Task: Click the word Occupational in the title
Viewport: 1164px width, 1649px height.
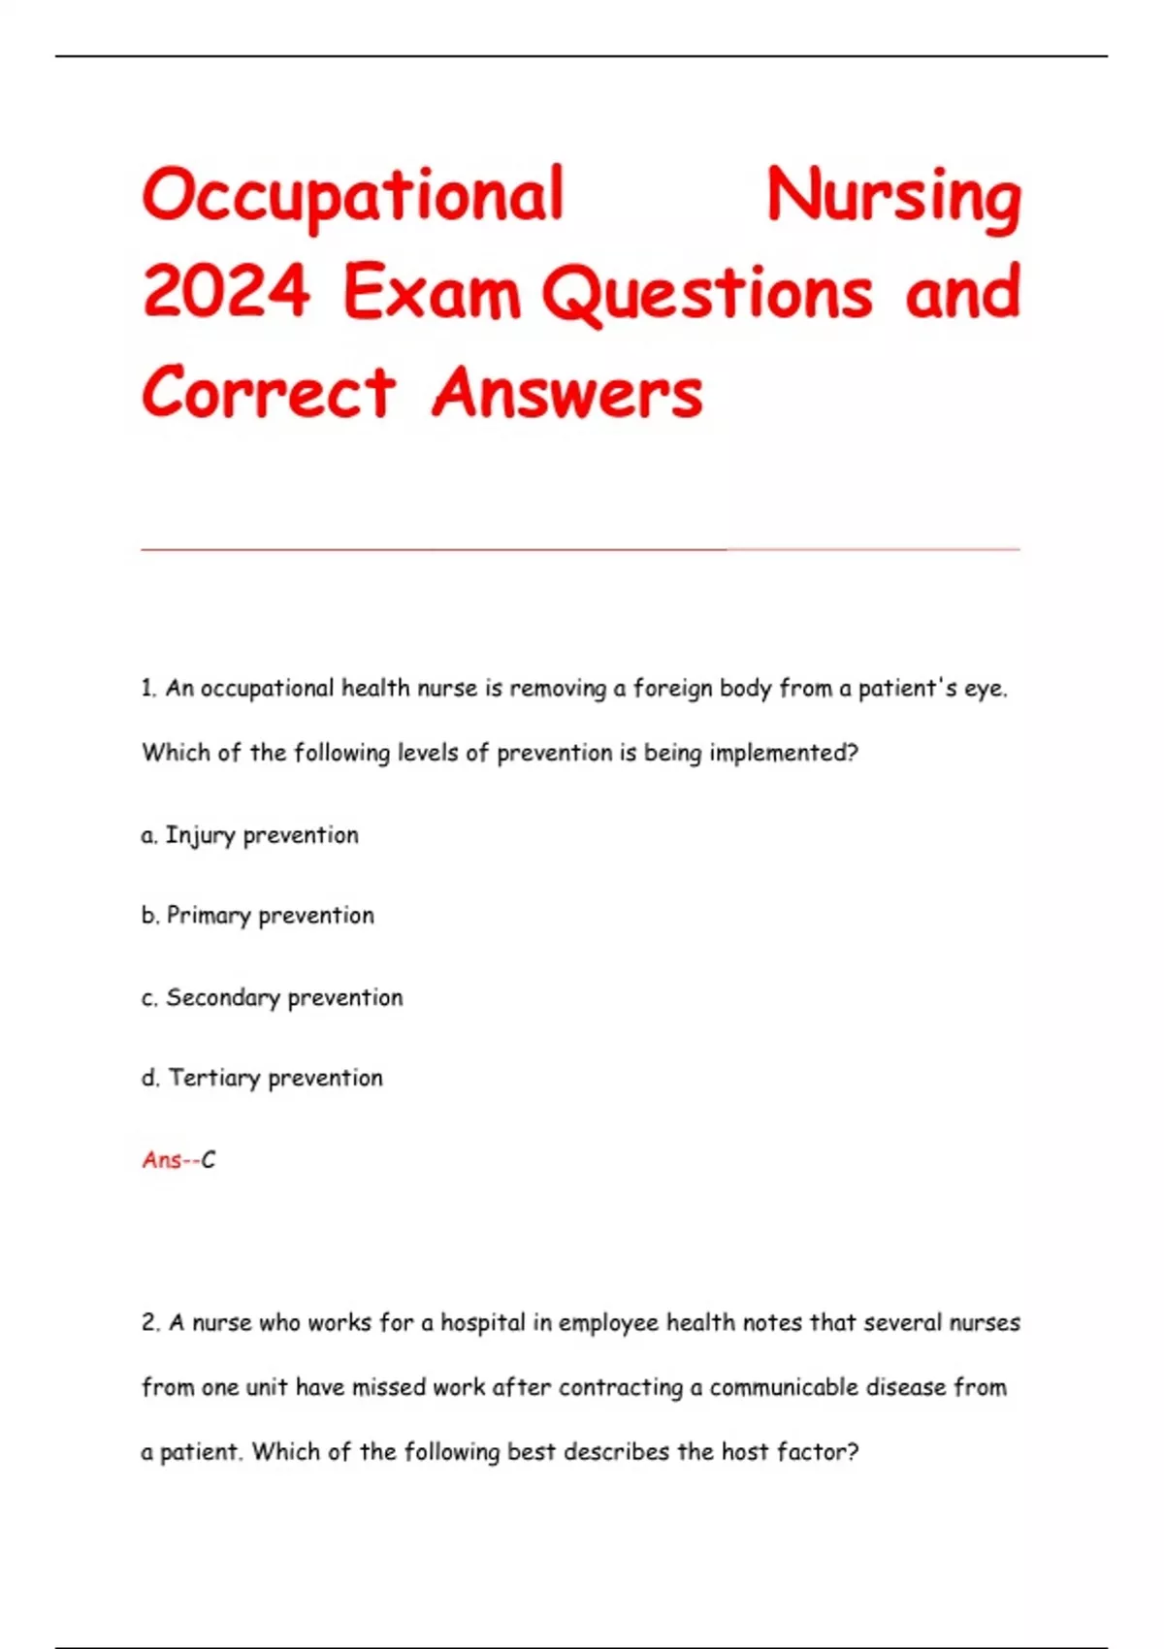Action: pos(352,197)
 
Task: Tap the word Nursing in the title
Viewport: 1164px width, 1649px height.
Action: pos(893,197)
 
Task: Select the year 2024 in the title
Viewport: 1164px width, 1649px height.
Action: pos(226,292)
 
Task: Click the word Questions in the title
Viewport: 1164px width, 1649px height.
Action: pos(707,292)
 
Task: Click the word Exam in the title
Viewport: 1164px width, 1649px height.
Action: pos(432,292)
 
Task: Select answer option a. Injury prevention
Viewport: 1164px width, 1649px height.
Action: pos(250,835)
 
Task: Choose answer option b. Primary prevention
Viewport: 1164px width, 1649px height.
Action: pos(258,916)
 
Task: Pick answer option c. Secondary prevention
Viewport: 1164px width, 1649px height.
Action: pos(273,997)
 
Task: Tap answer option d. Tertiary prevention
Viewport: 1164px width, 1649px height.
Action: pos(263,1078)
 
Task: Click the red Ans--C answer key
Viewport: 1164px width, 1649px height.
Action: pos(178,1159)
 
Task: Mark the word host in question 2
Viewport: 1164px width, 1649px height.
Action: pos(745,1452)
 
